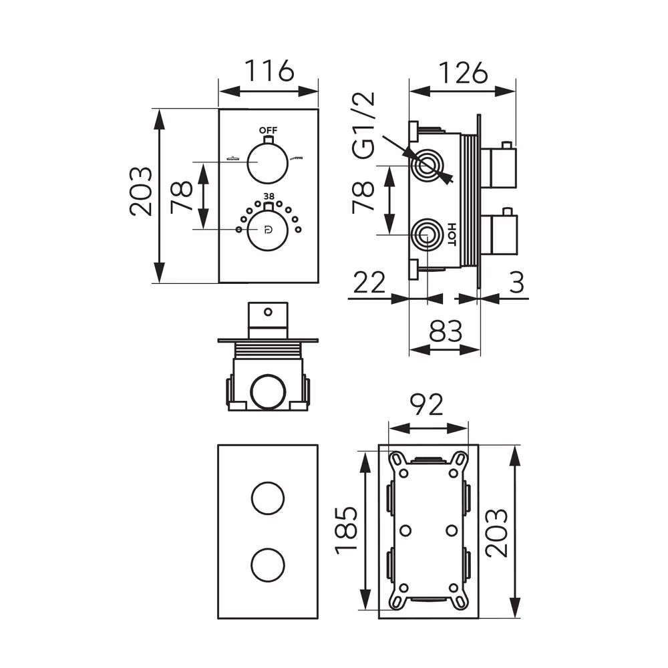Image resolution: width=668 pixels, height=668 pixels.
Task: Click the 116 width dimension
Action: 269,71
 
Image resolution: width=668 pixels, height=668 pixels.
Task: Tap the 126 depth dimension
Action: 463,73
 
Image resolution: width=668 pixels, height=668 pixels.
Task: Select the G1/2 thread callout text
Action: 363,126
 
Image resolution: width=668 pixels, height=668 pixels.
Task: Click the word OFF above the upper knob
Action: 269,130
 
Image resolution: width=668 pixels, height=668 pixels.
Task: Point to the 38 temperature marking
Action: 269,196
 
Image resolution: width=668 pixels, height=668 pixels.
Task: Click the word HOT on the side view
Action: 452,234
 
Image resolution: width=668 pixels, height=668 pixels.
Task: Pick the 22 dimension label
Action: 369,282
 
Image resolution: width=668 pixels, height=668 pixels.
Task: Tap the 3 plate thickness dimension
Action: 516,282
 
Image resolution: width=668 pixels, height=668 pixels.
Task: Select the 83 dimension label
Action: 446,331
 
